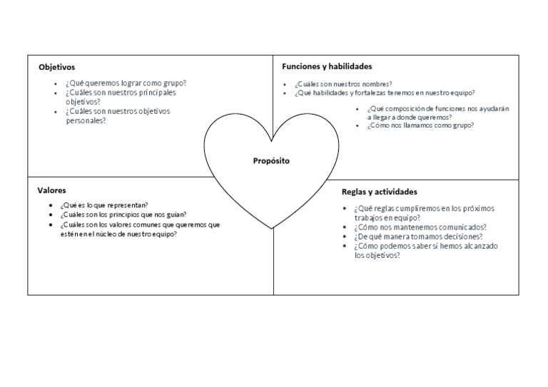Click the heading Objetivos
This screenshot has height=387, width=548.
tap(56, 67)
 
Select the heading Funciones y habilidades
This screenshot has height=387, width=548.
tap(327, 66)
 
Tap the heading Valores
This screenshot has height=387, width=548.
tap(51, 190)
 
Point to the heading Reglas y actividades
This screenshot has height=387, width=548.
tap(380, 192)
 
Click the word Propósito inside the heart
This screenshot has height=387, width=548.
tap(271, 161)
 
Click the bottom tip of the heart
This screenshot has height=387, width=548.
tap(272, 227)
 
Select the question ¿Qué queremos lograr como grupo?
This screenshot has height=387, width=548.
tap(126, 83)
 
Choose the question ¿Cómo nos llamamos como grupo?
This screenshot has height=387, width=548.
tap(420, 125)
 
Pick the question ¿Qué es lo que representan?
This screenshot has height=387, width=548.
tap(104, 205)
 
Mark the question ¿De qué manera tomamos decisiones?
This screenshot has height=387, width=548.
tap(418, 237)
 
